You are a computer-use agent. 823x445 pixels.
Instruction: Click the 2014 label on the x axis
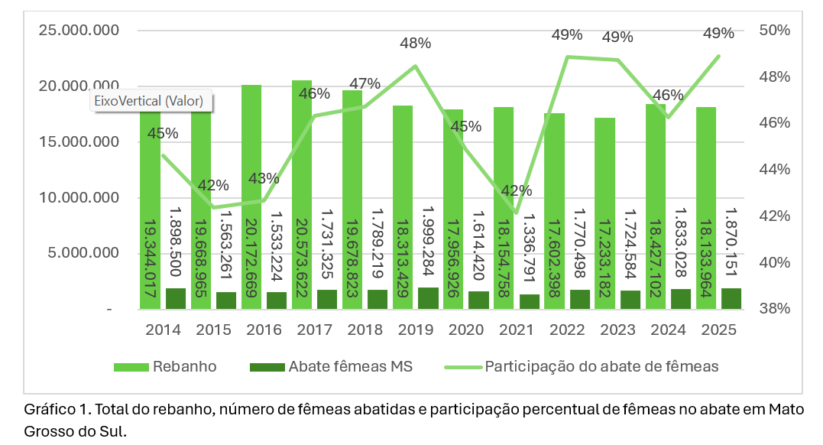163,330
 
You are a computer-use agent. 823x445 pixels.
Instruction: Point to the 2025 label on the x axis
718,330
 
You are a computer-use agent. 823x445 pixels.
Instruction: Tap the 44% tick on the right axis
774,170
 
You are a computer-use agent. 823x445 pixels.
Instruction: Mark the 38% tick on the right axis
774,309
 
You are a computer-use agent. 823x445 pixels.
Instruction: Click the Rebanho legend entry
165,366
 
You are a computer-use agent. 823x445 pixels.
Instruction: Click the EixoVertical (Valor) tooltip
151,100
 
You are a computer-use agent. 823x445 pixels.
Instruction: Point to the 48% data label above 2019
415,44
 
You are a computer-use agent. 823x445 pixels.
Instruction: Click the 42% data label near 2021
517,190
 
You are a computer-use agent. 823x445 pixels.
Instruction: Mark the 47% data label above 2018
365,83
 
